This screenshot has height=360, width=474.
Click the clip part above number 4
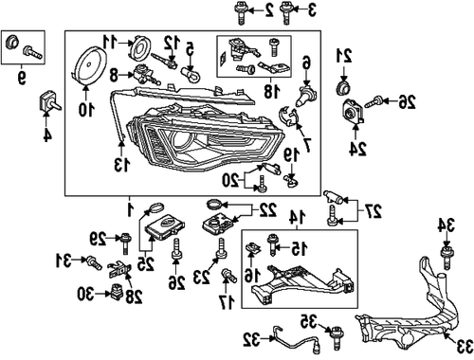point(45,102)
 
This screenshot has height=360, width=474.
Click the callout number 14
point(293,217)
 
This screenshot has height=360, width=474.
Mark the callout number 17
point(226,301)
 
